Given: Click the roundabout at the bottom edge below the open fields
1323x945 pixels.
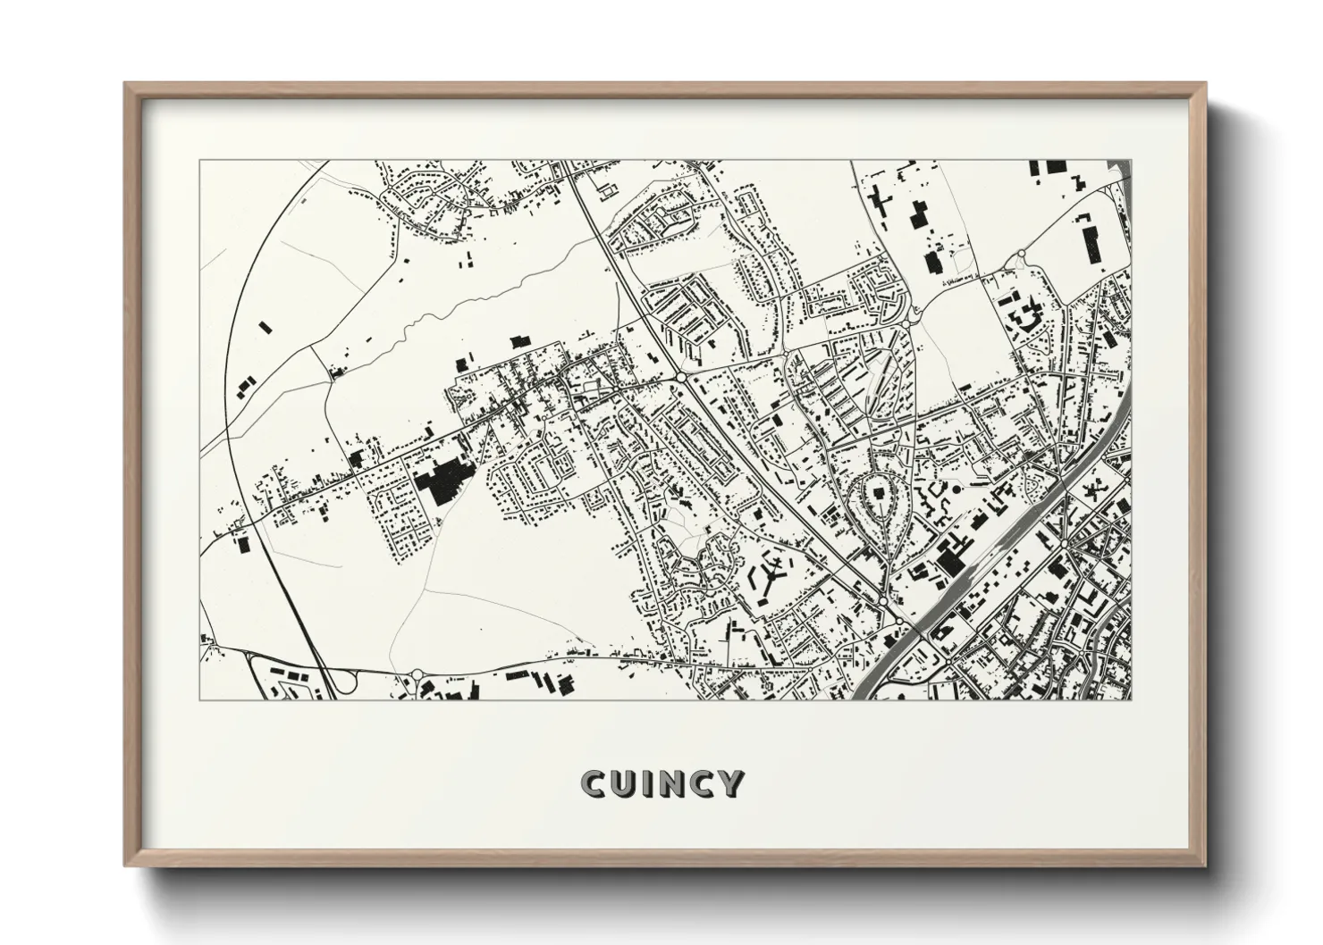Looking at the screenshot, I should (417, 674).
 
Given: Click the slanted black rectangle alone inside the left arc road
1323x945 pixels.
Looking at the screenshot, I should (242, 387).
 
